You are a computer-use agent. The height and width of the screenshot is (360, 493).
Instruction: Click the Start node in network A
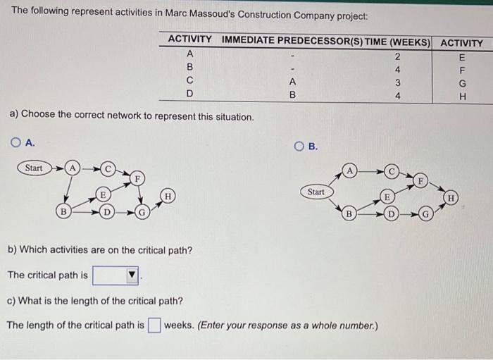click(x=34, y=168)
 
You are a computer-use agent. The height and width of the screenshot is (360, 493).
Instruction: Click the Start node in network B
click(x=316, y=192)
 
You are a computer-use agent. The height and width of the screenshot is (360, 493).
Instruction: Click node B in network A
click(x=64, y=211)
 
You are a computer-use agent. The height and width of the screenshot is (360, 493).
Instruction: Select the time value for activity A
click(x=397, y=57)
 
